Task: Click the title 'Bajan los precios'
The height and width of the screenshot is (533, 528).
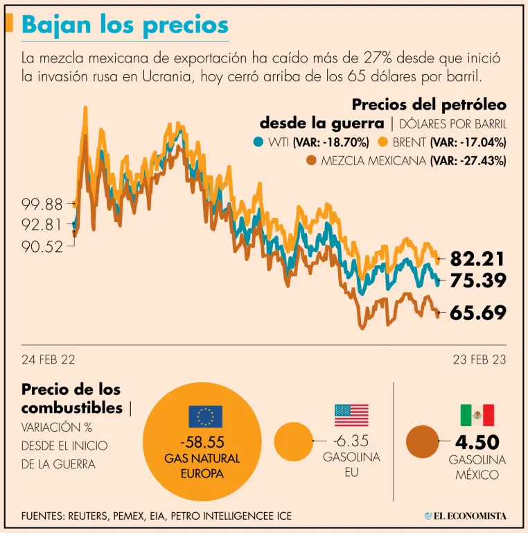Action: pos(125,24)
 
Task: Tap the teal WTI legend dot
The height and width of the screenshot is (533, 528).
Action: pos(258,142)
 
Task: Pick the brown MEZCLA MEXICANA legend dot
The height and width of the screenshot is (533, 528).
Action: pos(311,161)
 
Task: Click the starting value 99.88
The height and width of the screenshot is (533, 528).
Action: pos(42,204)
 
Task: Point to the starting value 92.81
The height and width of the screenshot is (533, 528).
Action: pos(42,225)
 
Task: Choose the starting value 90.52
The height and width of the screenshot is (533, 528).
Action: pos(42,246)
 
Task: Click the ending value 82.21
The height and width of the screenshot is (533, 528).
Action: pos(478,259)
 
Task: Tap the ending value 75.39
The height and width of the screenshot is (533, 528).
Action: pos(478,280)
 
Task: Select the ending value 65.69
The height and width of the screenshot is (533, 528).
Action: pos(478,313)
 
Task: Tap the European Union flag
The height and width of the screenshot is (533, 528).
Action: pos(205,416)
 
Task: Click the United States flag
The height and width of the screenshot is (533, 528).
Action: pos(351,415)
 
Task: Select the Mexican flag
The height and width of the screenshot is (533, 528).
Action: pos(477,415)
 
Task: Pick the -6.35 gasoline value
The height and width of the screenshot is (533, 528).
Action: pos(351,440)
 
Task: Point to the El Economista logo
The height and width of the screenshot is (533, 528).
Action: pos(466,516)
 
